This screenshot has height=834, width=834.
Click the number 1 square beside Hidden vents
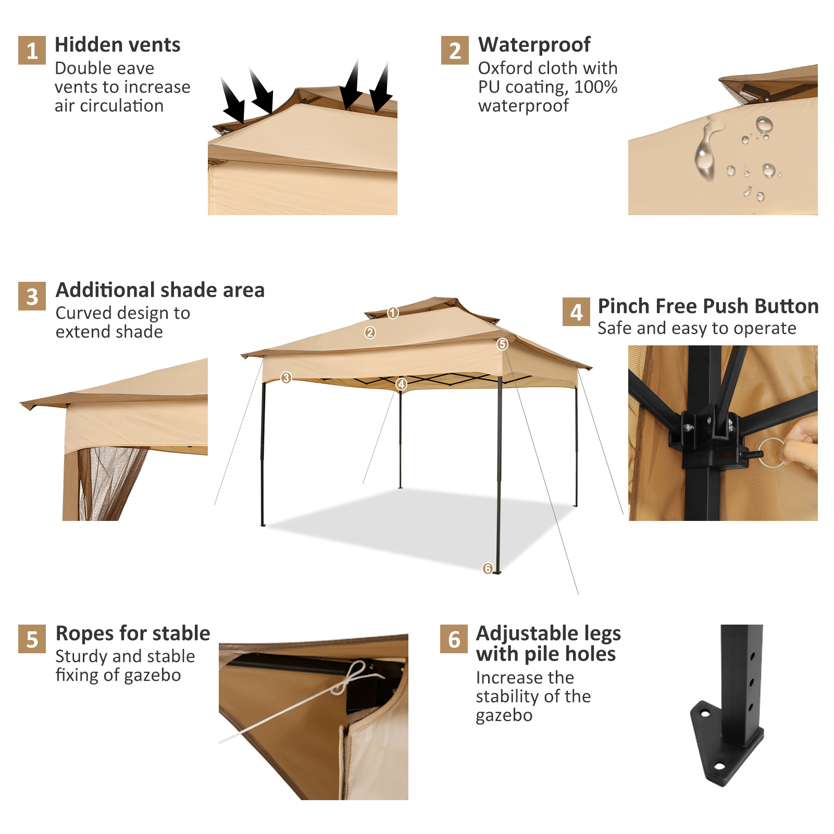32,50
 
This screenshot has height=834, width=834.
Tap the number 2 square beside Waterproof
455,50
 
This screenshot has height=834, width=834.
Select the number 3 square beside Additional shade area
32,296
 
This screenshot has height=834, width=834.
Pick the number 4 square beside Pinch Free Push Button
576,312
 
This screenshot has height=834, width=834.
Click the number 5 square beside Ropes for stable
32,639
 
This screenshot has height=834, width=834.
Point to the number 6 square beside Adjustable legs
454,639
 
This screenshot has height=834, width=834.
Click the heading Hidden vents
117,45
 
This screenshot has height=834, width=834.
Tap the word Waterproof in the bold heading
534,45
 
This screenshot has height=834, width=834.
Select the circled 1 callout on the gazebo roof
393,313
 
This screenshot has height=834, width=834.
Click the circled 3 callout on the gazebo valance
286,378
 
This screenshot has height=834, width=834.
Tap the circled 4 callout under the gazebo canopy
401,384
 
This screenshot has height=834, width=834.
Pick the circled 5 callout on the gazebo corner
502,344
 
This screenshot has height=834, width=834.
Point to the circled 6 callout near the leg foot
488,568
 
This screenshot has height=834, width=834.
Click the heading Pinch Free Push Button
707,306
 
